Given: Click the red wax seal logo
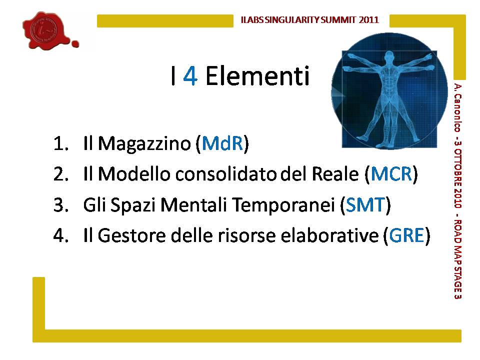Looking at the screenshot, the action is tap(49, 30).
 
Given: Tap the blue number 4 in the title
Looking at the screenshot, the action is tap(190, 76).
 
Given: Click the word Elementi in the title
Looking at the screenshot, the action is tap(257, 75).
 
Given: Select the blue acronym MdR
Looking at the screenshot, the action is tap(222, 143).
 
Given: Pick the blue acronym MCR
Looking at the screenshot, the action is tap(391, 174).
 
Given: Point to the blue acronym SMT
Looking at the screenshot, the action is tap(365, 204).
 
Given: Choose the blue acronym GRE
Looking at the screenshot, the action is tap(406, 235).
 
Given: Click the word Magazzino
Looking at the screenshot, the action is tap(144, 144).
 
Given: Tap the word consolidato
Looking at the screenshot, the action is tap(226, 174).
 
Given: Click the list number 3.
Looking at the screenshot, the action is tap(60, 205).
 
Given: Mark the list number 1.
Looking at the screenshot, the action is tap(60, 143).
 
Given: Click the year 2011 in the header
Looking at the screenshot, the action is tap(369, 20).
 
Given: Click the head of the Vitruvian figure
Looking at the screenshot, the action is tap(389, 57).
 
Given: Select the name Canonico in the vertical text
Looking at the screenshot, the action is tap(457, 113).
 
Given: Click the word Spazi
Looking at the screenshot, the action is tap(133, 205).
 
